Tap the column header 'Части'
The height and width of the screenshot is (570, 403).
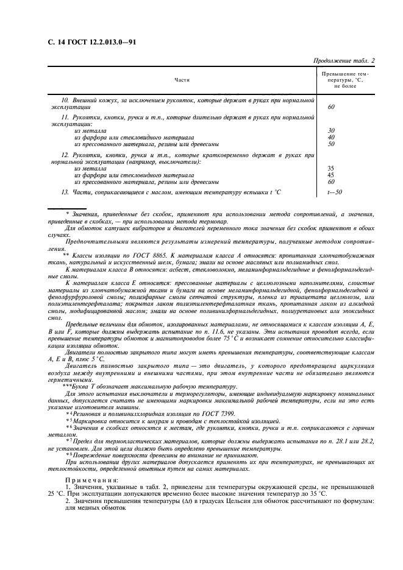(x=182, y=80)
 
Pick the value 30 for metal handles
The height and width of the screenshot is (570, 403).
(x=331, y=130)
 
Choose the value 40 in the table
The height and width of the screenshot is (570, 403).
(x=331, y=137)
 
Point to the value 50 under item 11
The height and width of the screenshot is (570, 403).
(x=331, y=144)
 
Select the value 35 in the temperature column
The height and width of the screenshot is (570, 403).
(x=331, y=168)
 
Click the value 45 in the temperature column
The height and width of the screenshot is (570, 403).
(x=331, y=175)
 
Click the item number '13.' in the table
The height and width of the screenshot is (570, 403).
(x=65, y=192)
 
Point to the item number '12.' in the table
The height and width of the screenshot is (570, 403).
(x=66, y=156)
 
